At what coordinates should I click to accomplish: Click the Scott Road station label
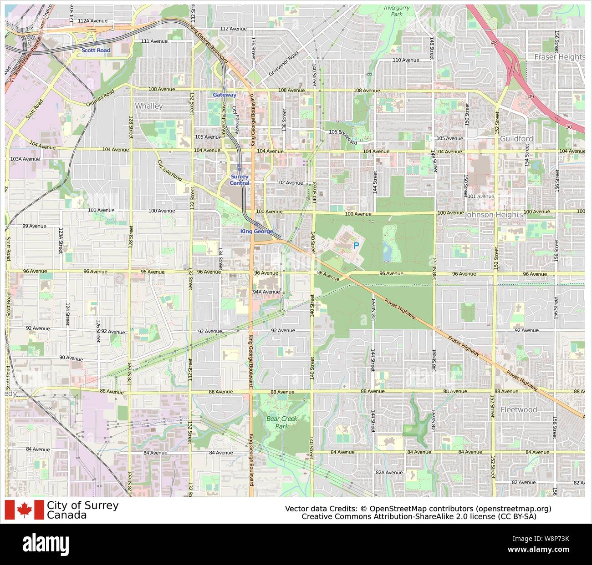96,50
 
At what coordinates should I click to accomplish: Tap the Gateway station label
225,95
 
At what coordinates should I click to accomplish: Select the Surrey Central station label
240,180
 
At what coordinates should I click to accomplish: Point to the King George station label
256,232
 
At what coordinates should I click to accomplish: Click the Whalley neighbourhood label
148,106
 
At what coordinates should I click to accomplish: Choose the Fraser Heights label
559,57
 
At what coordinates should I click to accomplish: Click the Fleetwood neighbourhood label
519,409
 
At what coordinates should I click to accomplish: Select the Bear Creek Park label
277,422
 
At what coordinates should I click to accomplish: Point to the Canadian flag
24,510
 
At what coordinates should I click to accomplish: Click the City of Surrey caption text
82,505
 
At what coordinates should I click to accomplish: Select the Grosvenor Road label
283,63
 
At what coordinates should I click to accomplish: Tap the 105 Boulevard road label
343,136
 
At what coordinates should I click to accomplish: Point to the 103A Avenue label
25,159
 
